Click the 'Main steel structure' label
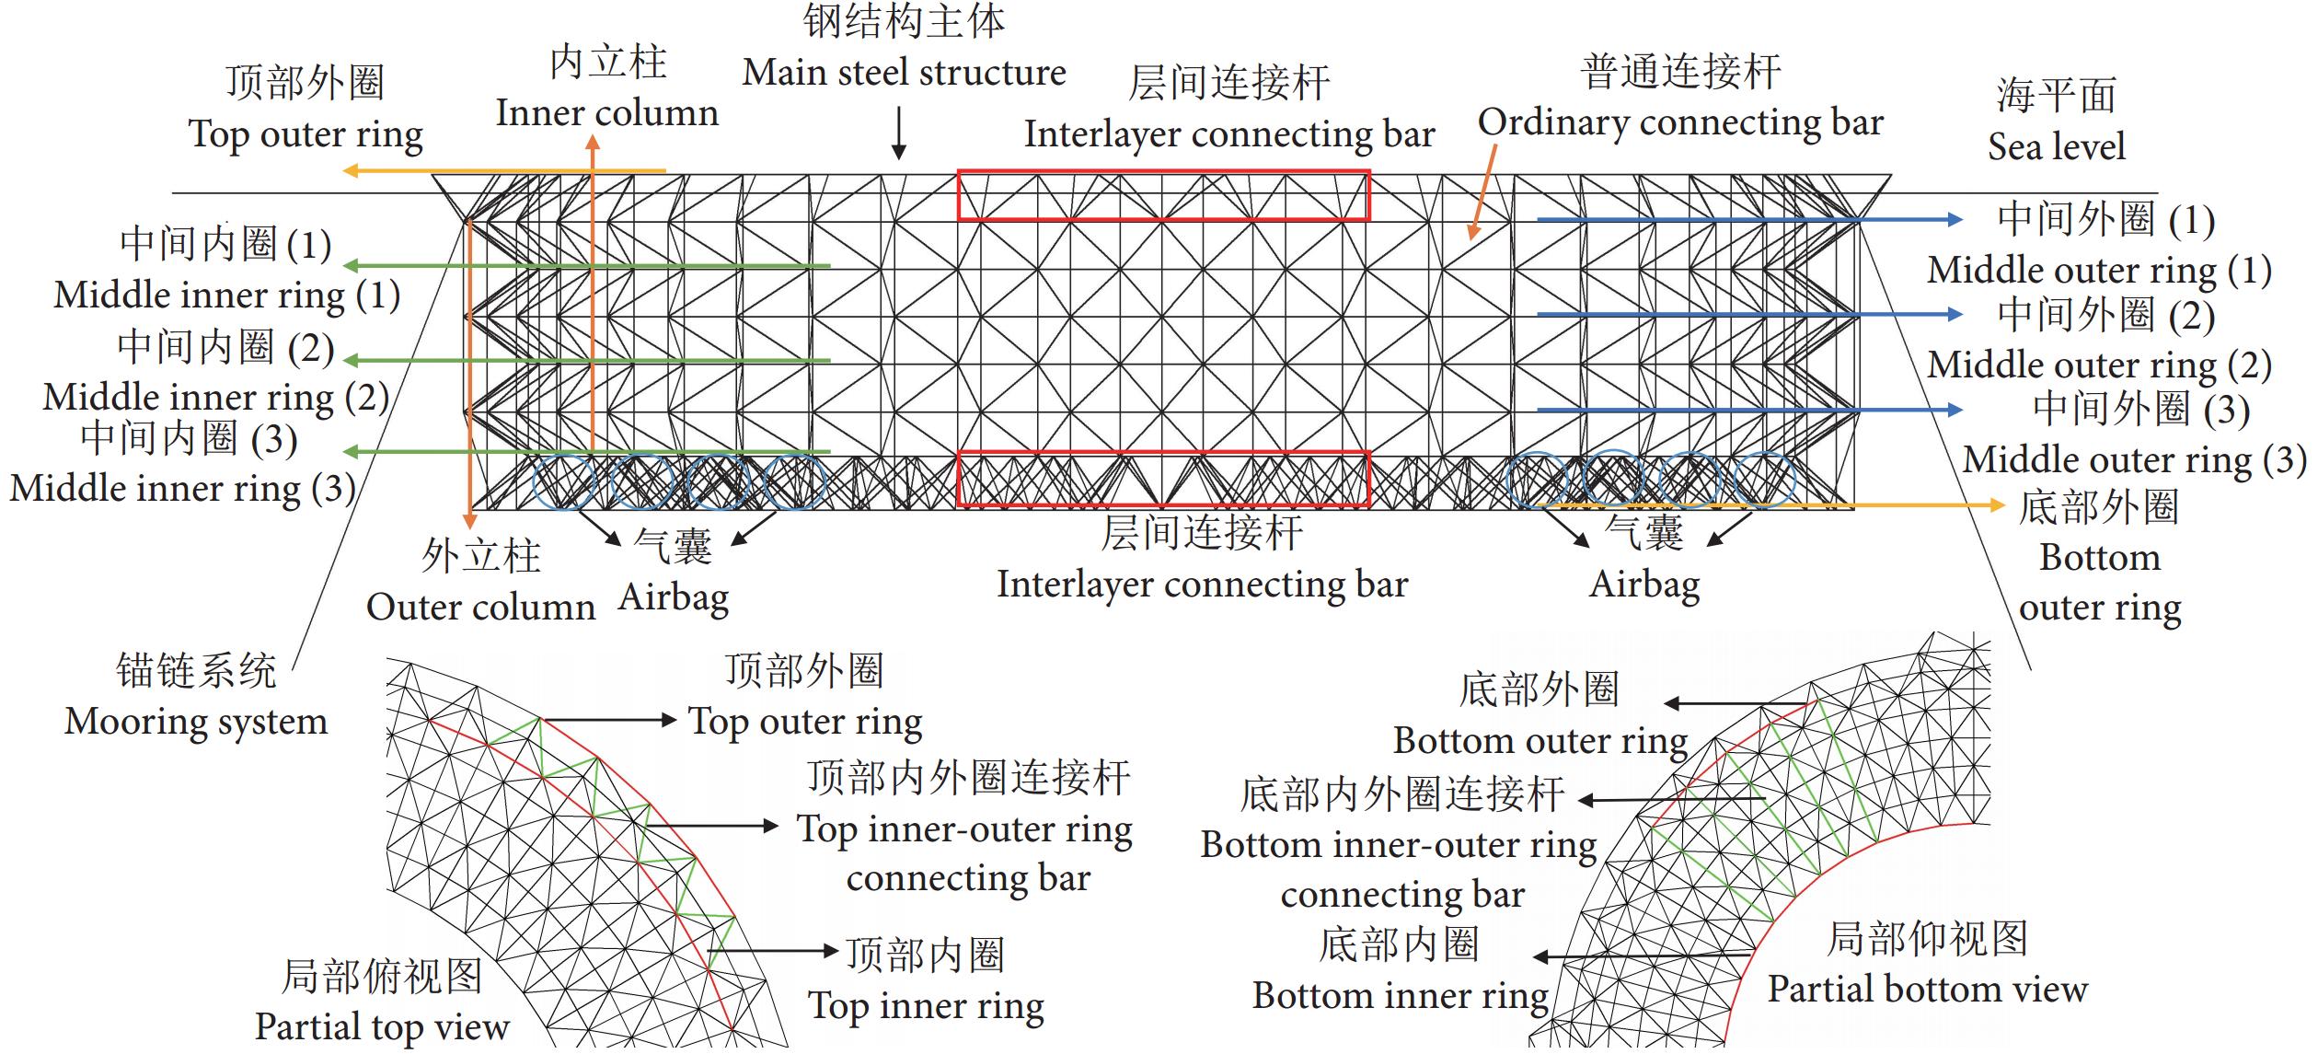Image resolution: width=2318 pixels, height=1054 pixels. coord(904,73)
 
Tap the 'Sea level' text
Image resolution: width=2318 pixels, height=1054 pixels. coord(2056,146)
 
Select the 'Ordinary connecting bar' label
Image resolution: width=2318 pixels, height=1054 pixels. coord(1680,122)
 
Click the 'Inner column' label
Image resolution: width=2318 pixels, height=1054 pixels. coord(607,113)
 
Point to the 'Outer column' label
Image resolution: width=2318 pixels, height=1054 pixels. coord(480,607)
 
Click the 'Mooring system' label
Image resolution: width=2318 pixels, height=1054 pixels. coord(196,722)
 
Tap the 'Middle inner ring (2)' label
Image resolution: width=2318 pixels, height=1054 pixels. coord(216,398)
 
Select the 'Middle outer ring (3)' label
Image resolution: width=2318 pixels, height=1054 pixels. coord(2134,459)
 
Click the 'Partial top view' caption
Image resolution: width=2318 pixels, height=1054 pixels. coord(382,1026)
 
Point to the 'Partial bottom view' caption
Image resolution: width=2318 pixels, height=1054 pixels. coord(1927,990)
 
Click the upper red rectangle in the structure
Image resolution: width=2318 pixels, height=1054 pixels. coord(1163,195)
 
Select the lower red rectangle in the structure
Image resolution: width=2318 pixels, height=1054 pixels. coord(1163,479)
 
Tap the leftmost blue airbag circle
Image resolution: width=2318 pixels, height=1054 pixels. coord(564,480)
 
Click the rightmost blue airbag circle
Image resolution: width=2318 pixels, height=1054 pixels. coord(1764,480)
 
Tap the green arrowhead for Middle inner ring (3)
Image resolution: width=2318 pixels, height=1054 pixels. coord(351,452)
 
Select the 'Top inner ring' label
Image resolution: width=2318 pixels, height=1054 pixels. coord(926,1006)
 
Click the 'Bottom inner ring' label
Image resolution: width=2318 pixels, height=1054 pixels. coord(1400,996)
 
